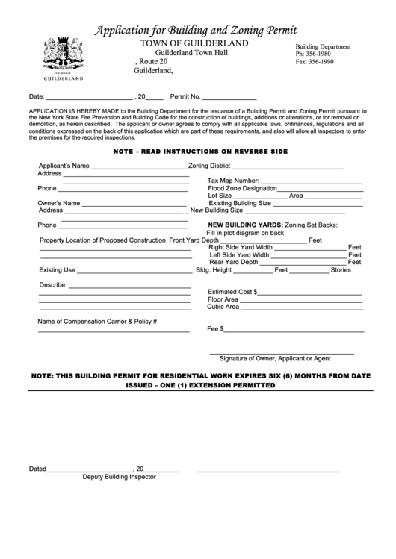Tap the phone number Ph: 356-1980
pos(316,54)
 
